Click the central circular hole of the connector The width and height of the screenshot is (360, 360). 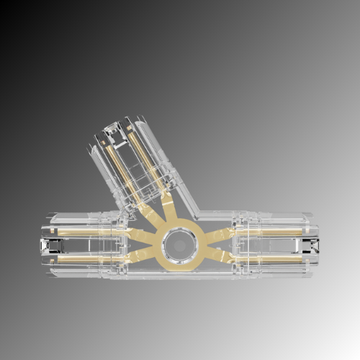[179, 245]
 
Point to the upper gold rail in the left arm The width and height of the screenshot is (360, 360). [79, 233]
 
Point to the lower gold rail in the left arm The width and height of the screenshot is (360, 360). [79, 257]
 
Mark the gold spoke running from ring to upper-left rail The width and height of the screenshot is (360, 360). [144, 235]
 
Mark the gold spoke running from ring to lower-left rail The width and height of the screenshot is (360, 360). [144, 254]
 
